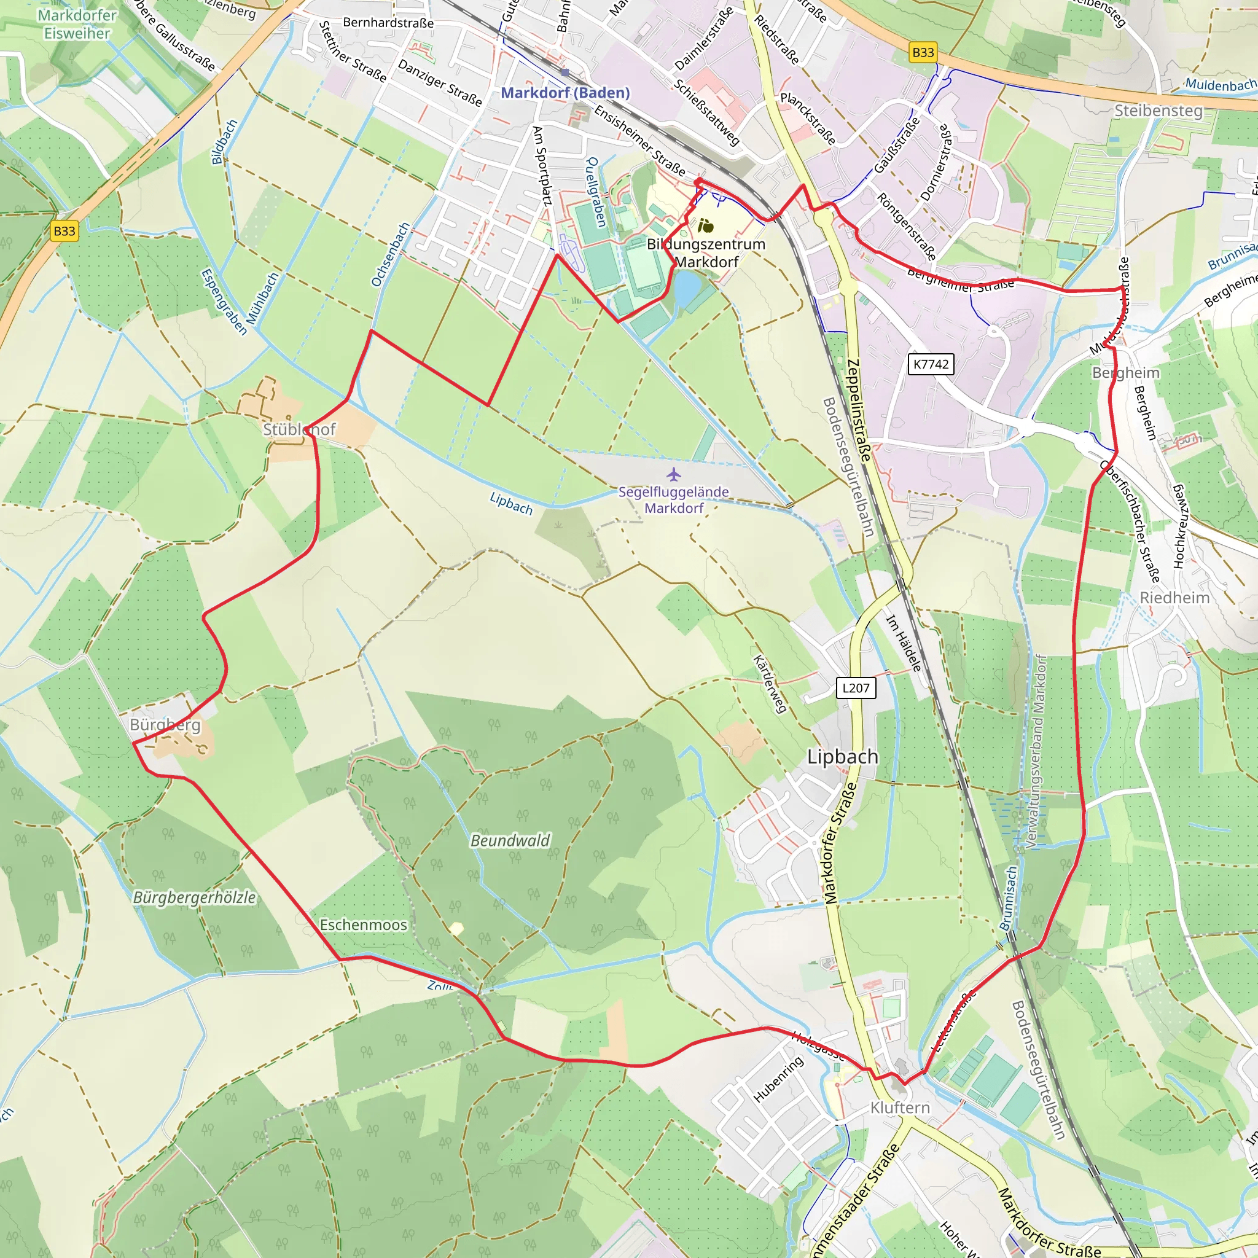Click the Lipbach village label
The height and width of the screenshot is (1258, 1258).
pyautogui.click(x=843, y=757)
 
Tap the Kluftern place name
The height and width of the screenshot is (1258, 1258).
pyautogui.click(x=900, y=1107)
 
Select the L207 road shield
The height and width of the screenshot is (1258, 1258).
pyautogui.click(x=856, y=687)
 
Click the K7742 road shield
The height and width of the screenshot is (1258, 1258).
pyautogui.click(x=931, y=364)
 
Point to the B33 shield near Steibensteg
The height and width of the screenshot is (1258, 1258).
pyautogui.click(x=923, y=52)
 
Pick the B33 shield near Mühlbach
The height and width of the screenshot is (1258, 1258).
pyautogui.click(x=64, y=230)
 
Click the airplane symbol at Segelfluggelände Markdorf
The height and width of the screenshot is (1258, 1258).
pyautogui.click(x=674, y=474)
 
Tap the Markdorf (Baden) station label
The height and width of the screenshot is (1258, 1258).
pyautogui.click(x=565, y=93)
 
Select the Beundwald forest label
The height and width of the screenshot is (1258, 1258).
pyautogui.click(x=510, y=841)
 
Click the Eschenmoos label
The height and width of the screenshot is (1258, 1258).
pyautogui.click(x=364, y=924)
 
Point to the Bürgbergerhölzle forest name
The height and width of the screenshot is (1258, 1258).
pyautogui.click(x=194, y=897)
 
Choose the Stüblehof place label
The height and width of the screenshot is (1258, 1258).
pyautogui.click(x=299, y=429)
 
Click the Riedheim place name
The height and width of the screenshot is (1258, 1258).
pyautogui.click(x=1174, y=598)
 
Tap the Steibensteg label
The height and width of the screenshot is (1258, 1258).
pyautogui.click(x=1158, y=111)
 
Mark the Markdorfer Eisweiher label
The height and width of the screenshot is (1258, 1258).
pyautogui.click(x=77, y=24)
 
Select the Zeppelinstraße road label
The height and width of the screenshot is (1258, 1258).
pyautogui.click(x=859, y=410)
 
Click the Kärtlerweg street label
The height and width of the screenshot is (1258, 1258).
pyautogui.click(x=770, y=684)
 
